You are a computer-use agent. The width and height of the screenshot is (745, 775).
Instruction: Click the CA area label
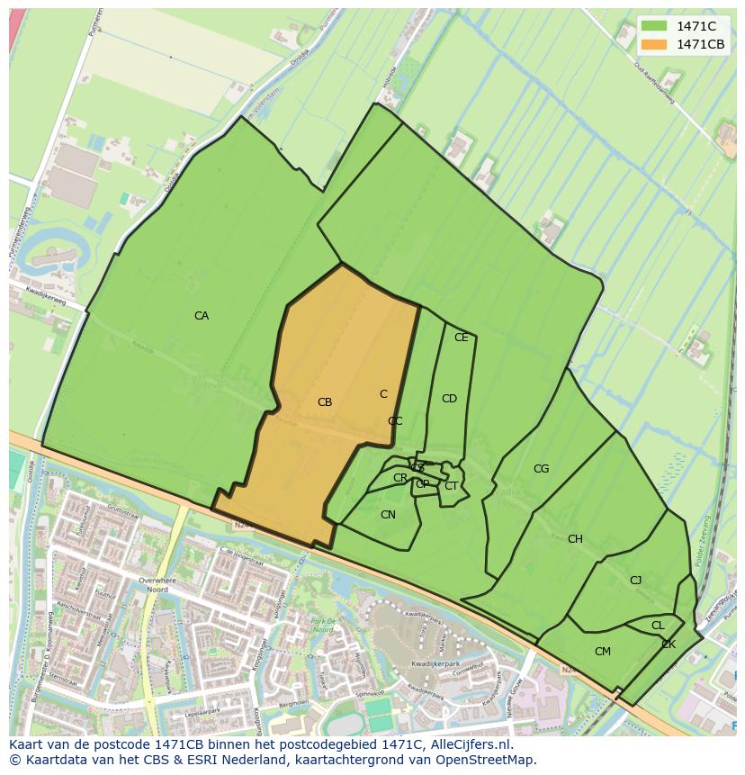[x=202, y=316]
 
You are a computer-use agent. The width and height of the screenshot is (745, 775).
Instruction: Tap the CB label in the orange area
[x=325, y=402]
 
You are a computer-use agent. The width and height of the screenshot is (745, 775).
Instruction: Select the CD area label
[x=449, y=399]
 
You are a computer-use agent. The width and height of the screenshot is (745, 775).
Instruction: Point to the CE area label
[x=462, y=338]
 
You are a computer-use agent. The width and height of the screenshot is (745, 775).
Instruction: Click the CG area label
[x=541, y=469]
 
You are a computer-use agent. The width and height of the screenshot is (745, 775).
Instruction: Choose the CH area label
[x=575, y=539]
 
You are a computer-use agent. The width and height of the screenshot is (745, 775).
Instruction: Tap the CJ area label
[x=635, y=581]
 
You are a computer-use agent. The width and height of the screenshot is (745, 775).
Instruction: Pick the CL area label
[x=658, y=626]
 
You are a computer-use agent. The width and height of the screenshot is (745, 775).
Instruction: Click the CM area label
[x=603, y=652]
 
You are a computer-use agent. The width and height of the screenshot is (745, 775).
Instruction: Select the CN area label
[x=388, y=515]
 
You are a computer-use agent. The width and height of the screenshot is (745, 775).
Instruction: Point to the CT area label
[x=451, y=486]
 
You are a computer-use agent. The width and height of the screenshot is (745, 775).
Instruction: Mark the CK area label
[x=669, y=644]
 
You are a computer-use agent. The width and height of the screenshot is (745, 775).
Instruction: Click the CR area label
[x=400, y=478]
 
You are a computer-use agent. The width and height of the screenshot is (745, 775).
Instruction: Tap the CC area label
[x=395, y=421]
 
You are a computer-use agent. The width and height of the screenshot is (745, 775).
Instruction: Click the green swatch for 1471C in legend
[x=654, y=26]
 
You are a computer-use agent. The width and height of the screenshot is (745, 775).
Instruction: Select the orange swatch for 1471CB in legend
[x=654, y=44]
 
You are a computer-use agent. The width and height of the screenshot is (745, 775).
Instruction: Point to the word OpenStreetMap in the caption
[x=487, y=760]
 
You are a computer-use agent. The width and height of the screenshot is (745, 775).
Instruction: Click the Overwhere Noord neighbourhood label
[x=158, y=586]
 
